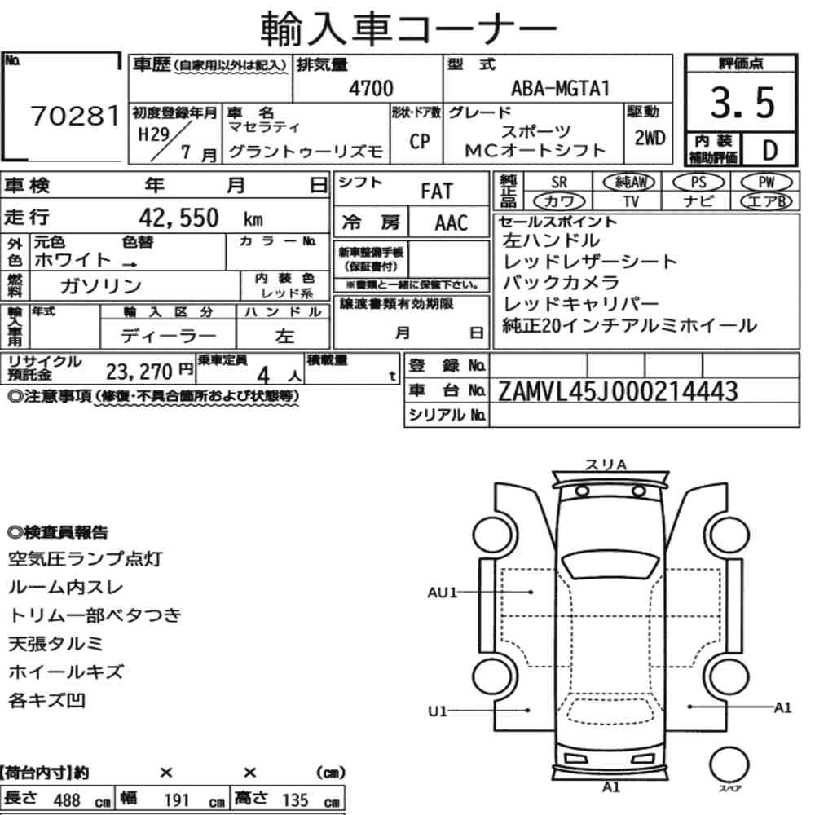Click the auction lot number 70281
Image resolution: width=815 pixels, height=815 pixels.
coord(75,116)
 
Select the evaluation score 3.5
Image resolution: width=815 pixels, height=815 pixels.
coord(742,103)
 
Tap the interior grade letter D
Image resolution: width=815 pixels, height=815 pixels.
coord(770,150)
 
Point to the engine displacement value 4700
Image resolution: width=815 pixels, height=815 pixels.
coord(371,88)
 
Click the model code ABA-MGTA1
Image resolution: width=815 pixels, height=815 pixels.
coord(561,88)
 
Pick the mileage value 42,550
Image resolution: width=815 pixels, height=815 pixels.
coord(178,218)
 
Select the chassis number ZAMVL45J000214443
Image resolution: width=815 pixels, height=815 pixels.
coord(618,391)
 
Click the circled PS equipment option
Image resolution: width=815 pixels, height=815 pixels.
coord(698,182)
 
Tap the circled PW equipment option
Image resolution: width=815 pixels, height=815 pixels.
coord(767,182)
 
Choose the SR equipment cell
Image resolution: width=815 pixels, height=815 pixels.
coord(559,183)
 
